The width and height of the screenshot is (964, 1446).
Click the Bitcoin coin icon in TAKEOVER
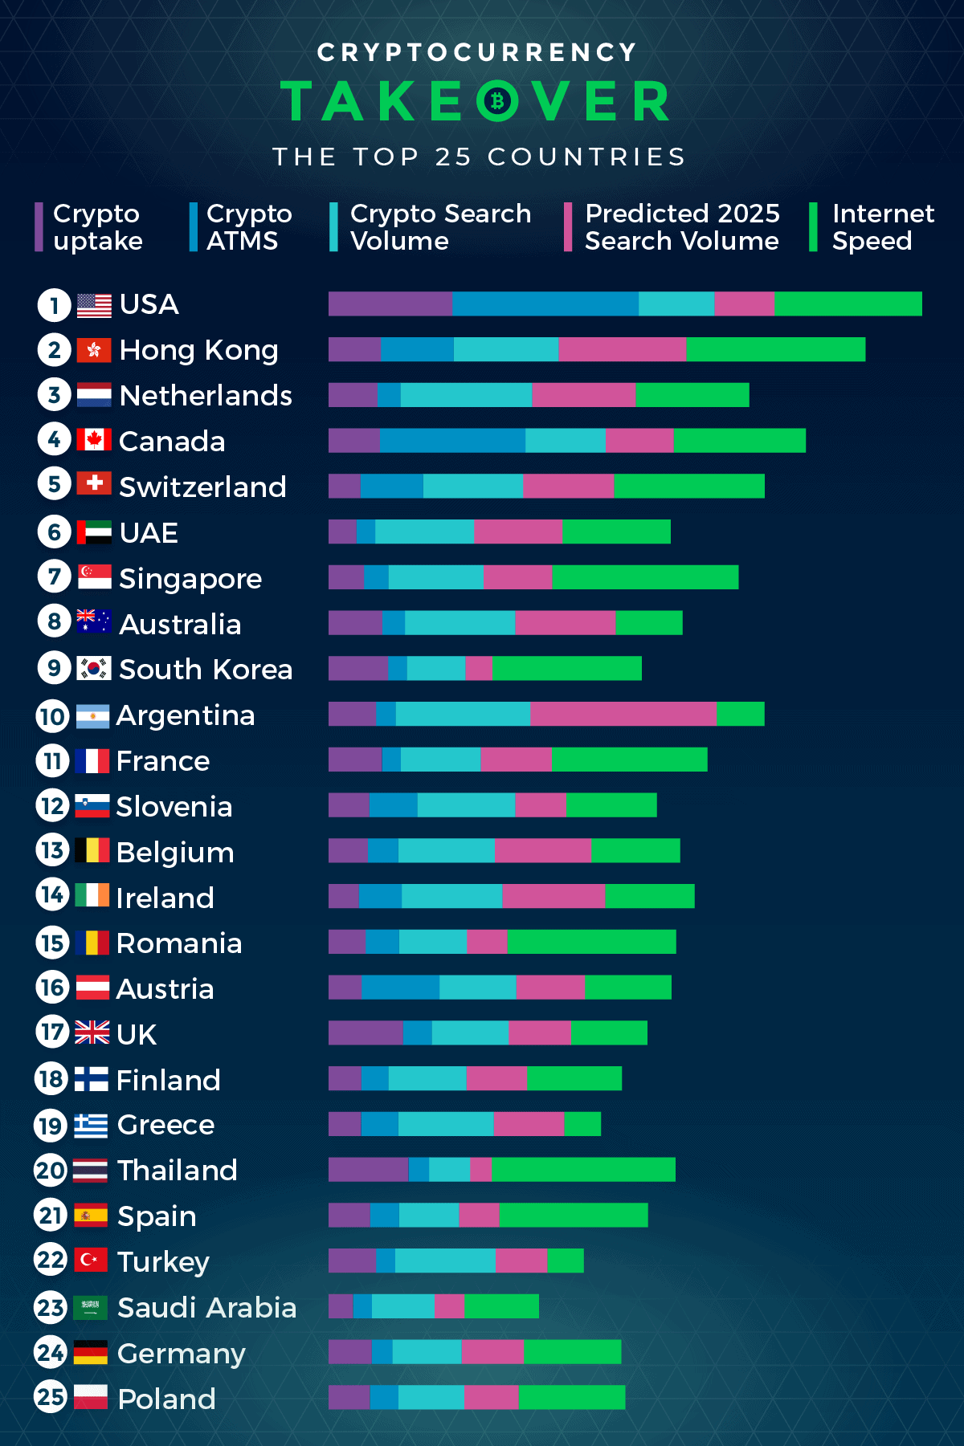pyautogui.click(x=498, y=101)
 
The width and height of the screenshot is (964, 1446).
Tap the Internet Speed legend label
pyautogui.click(x=882, y=227)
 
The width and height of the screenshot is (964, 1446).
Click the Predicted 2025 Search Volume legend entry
pyautogui.click(x=681, y=227)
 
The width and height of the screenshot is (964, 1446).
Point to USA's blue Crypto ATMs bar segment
pyautogui.click(x=545, y=304)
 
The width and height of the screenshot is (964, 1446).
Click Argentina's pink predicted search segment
pyautogui.click(x=623, y=714)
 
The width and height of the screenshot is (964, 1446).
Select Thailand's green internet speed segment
pyautogui.click(x=583, y=1170)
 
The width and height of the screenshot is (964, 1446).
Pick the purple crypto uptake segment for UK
pyautogui.click(x=366, y=1033)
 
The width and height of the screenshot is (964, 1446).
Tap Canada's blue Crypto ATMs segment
pyautogui.click(x=452, y=441)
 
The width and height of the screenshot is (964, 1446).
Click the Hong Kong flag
pyautogui.click(x=94, y=350)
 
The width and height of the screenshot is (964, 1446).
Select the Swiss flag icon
pyautogui.click(x=94, y=483)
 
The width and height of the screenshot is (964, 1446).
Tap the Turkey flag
pyautogui.click(x=91, y=1260)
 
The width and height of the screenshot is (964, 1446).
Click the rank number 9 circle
pyautogui.click(x=54, y=668)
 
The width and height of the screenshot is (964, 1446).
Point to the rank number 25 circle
pyautogui.click(x=51, y=1397)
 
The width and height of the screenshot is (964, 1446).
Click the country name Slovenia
pyautogui.click(x=174, y=806)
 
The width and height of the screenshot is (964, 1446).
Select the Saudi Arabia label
pyautogui.click(x=206, y=1308)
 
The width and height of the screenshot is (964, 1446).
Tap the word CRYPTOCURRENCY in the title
pyautogui.click(x=478, y=53)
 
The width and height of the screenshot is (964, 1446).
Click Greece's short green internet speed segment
pyautogui.click(x=582, y=1124)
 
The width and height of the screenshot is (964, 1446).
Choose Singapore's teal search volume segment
pyautogui.click(x=435, y=577)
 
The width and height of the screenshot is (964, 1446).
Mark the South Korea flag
pyautogui.click(x=94, y=668)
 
